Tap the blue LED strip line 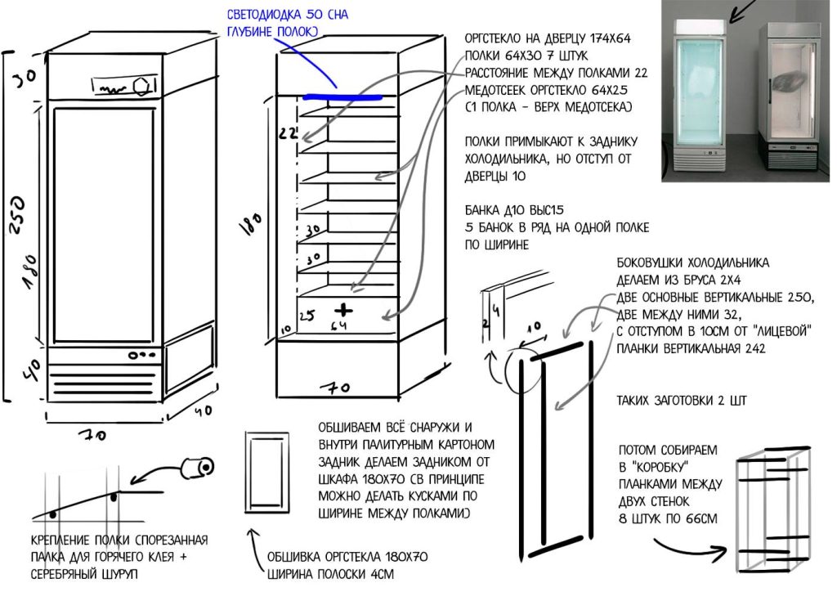pyautogui.click(x=341, y=96)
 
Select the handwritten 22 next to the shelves pyautogui.click(x=285, y=132)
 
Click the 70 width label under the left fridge pyautogui.click(x=96, y=436)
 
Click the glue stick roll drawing pyautogui.click(x=197, y=467)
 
